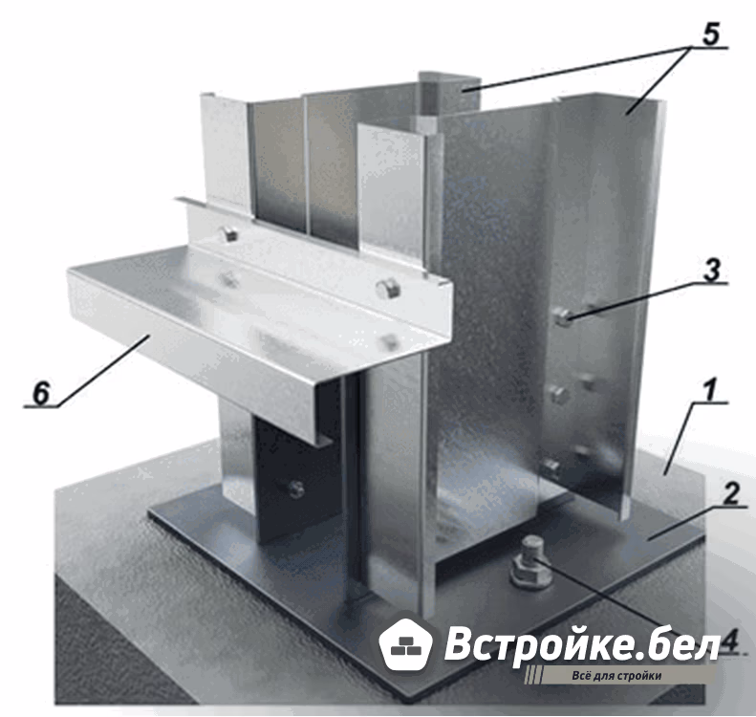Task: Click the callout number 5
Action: point(710,33)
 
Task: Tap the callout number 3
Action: point(712,270)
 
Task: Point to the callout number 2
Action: point(730,494)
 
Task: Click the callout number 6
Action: point(41,393)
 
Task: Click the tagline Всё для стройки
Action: point(617,676)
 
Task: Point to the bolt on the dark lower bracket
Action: point(294,489)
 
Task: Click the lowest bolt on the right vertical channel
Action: point(551,467)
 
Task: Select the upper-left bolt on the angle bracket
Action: point(228,234)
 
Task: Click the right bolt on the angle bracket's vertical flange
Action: point(389,290)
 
